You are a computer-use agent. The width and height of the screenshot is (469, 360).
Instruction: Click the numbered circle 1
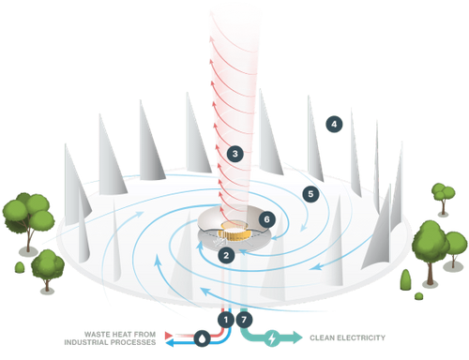225,320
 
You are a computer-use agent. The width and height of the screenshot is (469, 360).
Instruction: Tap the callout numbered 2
225,254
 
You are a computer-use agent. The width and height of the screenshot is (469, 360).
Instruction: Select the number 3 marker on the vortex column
234,152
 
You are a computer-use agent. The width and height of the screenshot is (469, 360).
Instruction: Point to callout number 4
335,124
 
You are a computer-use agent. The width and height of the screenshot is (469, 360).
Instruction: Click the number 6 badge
267,218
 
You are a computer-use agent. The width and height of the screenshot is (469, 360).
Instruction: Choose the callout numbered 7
247,320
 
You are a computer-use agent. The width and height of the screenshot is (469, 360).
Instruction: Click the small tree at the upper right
440,195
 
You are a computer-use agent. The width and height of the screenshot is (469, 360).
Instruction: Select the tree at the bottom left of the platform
47,267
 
